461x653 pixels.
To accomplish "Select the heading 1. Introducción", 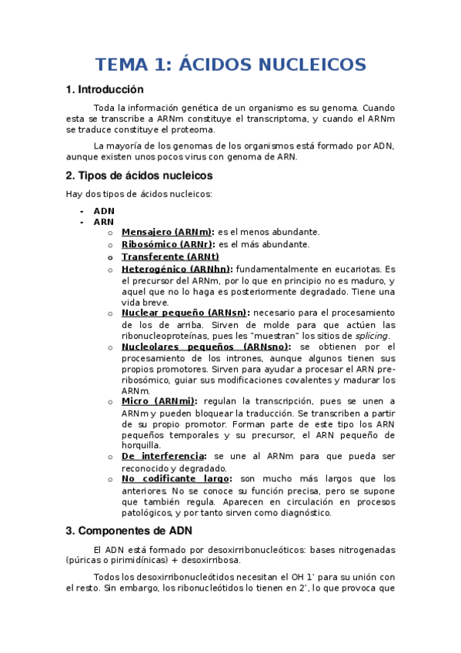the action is pyautogui.click(x=105, y=90).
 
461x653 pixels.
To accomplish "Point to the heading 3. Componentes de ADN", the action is pyautogui.click(x=129, y=531).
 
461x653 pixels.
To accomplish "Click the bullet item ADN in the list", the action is pyautogui.click(x=104, y=210).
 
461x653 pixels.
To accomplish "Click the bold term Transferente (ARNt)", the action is pyautogui.click(x=170, y=256).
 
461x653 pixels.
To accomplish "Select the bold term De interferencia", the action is pyautogui.click(x=163, y=456).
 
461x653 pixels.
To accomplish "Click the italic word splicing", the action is pyautogui.click(x=372, y=336).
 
